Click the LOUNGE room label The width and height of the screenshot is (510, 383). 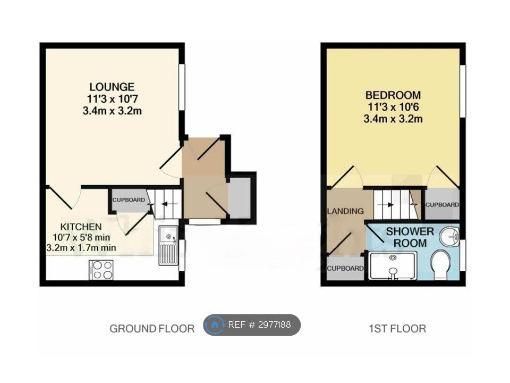click(112, 87)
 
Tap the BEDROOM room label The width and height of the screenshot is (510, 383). click(393, 95)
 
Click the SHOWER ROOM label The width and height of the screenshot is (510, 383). click(410, 237)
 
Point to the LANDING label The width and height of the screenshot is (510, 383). click(345, 211)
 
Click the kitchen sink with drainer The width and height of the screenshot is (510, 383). click(168, 245)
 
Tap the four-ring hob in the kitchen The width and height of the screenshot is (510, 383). click(101, 270)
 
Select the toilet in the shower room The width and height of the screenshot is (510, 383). click(441, 264)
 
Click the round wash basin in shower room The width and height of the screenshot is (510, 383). click(449, 236)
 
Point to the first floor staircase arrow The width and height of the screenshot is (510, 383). click(386, 205)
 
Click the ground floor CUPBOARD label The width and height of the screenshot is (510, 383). click(129, 200)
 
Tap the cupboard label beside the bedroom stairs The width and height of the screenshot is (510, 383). click(442, 205)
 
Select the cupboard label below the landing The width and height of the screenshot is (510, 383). click(345, 268)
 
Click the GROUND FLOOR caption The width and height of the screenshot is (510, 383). click(152, 329)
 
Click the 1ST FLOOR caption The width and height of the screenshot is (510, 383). click(397, 329)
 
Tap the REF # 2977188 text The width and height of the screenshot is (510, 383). click(259, 324)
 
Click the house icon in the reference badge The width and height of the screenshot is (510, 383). click(214, 324)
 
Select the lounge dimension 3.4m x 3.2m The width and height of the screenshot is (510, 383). click(112, 111)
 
